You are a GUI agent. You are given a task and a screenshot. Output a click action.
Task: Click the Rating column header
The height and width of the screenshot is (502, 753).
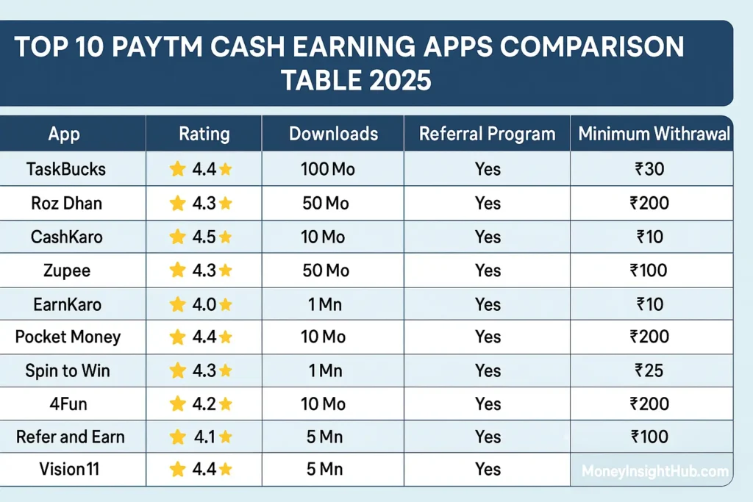tap(204, 135)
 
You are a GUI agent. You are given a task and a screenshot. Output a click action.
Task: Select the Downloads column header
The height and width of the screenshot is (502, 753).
tap(333, 135)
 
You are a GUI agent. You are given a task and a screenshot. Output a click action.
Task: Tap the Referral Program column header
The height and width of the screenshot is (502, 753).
tap(487, 135)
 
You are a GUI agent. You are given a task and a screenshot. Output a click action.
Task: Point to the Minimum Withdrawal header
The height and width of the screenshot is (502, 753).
tap(654, 135)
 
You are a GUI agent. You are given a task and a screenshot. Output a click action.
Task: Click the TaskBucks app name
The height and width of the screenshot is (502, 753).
tap(66, 169)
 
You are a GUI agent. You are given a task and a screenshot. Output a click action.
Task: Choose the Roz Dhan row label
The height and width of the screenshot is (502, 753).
tap(66, 203)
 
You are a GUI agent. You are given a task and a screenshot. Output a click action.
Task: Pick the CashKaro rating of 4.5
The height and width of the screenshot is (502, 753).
tap(201, 237)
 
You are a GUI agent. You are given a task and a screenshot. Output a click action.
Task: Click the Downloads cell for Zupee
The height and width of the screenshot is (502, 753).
tap(326, 270)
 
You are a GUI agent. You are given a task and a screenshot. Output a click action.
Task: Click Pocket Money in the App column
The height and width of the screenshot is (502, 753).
tap(68, 337)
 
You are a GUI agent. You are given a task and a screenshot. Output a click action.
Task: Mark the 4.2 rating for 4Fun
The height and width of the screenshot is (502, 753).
tap(201, 404)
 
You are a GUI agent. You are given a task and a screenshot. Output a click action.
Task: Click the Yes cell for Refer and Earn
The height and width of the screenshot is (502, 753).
tap(488, 437)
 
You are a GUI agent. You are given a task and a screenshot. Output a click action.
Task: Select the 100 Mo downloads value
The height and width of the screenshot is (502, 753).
tap(328, 169)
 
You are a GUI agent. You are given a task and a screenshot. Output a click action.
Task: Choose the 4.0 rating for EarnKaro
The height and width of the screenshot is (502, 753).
tap(201, 304)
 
